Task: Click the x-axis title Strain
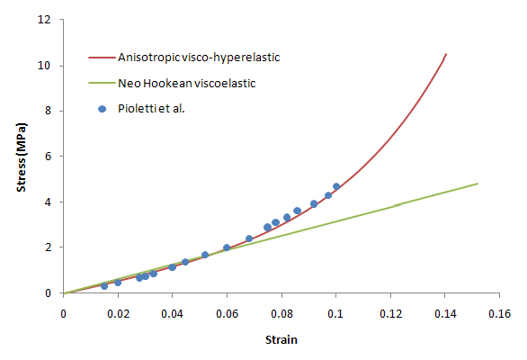pos(281,339)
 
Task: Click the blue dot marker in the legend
pos(102,108)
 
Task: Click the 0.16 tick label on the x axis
pos(500,312)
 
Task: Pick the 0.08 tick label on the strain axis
pos(281,312)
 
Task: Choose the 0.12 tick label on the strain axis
pos(390,312)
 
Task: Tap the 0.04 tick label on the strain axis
pos(173,312)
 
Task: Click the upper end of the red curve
pos(446,54)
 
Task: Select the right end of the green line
pos(478,184)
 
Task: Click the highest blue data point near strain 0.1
pos(336,186)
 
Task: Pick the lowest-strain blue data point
pos(104,286)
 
